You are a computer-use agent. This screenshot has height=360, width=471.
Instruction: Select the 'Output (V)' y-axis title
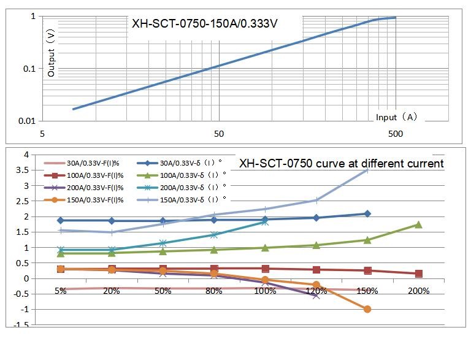(52, 54)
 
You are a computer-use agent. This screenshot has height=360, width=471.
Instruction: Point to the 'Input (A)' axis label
(397, 117)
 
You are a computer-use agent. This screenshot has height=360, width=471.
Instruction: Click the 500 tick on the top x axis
(395, 134)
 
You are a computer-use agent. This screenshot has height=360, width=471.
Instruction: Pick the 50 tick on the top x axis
(218, 134)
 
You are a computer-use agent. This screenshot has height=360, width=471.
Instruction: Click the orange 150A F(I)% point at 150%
(367, 309)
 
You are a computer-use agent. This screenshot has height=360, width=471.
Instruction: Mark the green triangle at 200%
(418, 224)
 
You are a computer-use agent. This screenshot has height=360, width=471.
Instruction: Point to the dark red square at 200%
(418, 274)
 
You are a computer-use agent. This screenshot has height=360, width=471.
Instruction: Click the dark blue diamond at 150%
(367, 213)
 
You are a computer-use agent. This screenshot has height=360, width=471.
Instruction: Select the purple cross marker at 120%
(316, 295)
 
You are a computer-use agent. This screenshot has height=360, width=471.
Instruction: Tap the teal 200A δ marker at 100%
(265, 221)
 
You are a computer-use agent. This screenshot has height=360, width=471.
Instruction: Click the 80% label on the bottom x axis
(214, 291)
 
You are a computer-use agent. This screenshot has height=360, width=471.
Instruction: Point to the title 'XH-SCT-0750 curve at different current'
(341, 163)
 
